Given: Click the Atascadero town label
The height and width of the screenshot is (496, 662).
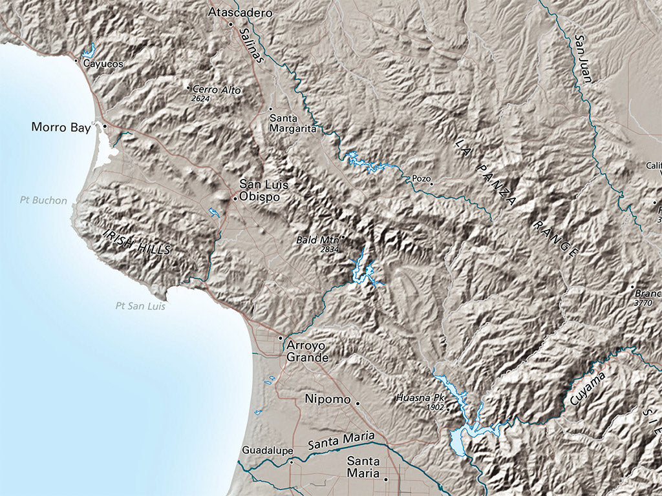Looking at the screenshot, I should pos(240,12).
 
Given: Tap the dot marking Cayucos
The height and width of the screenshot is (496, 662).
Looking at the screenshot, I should pos(77,61).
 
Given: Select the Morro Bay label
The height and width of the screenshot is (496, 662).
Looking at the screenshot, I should pos(61,127).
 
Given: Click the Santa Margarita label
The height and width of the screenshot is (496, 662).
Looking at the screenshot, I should pos(292,123).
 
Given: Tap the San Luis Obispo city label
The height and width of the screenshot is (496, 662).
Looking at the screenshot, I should pos(260,190).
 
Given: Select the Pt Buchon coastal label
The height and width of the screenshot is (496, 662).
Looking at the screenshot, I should pos(43,200).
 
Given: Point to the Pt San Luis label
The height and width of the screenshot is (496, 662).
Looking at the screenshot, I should pos(140,306).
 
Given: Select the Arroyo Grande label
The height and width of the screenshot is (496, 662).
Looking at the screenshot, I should pos(308,351).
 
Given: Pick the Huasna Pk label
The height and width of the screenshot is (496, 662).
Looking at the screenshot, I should pos(420,398).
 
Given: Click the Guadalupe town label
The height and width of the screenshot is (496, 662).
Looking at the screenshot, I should pos(267,450).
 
